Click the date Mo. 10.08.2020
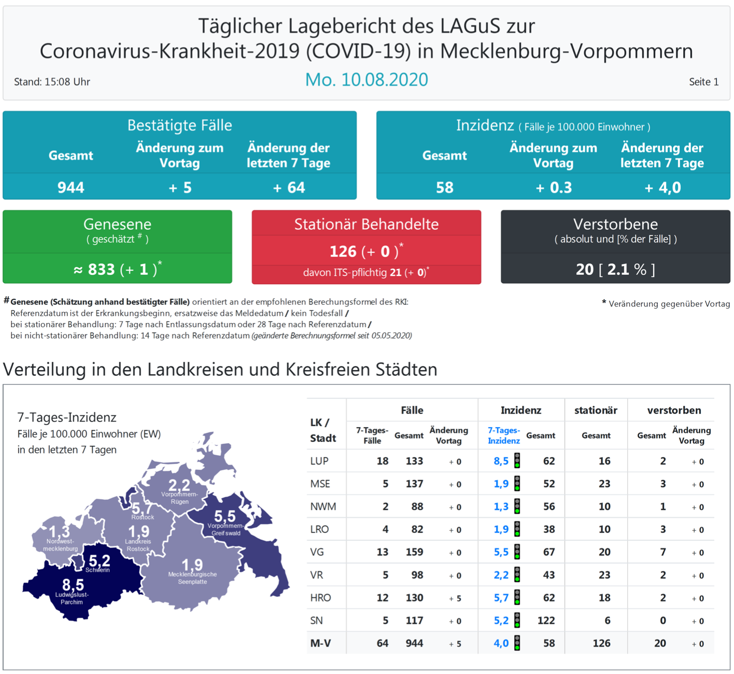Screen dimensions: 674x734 pos(366,80)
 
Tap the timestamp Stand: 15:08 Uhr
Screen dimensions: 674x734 pos(52,82)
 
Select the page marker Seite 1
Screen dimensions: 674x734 pos(703,82)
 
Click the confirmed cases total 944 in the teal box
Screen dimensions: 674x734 pos(71,187)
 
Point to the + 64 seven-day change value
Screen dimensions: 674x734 pos(289,187)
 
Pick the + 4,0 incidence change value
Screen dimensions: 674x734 pos(662,187)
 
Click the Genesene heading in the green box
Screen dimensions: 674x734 pos(118,224)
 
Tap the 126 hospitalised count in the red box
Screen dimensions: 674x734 pos(343,251)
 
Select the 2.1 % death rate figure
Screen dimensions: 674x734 pos(626,269)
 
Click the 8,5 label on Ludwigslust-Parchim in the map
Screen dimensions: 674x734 pos(73,585)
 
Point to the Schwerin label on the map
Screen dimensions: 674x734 pos(97,570)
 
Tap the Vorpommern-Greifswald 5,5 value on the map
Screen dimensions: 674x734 pos(225,516)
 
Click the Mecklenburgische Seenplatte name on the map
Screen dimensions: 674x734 pos(192,578)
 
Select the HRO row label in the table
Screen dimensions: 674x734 pos(320,598)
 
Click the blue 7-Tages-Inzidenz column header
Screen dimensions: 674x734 pos(504,436)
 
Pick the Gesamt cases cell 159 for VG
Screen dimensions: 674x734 pos(414,552)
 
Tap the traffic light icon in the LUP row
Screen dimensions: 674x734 pos(517,461)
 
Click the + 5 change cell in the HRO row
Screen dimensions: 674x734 pos(455,598)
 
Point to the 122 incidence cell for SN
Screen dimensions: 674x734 pos(546,621)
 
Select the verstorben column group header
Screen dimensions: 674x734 pos(674,410)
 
